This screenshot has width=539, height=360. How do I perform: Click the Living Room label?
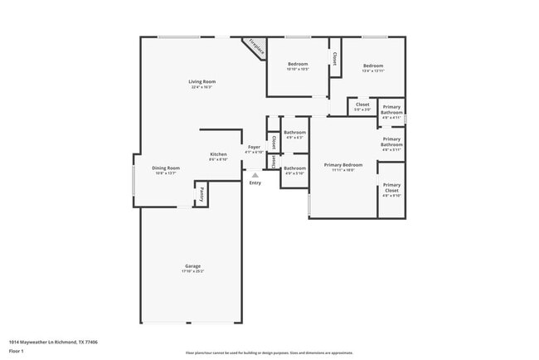pyautogui.click(x=202, y=82)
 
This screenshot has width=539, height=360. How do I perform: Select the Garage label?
pyautogui.click(x=192, y=266)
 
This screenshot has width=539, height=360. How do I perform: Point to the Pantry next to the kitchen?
pyautogui.click(x=201, y=194)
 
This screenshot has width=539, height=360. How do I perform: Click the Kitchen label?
pyautogui.click(x=218, y=154)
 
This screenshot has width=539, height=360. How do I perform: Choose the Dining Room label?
pyautogui.click(x=166, y=168)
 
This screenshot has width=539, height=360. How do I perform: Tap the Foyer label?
pyautogui.click(x=255, y=147)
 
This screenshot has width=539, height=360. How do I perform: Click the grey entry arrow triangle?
pyautogui.click(x=255, y=174)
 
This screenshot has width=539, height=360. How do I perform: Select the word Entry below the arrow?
pyautogui.click(x=255, y=182)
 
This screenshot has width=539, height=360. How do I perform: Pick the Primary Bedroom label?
pyautogui.click(x=343, y=165)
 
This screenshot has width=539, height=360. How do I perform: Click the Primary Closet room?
pyautogui.click(x=391, y=189)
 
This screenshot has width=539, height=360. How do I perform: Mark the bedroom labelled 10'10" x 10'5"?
pyautogui.click(x=298, y=67)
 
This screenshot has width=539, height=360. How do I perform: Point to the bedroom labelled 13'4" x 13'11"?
pyautogui.click(x=372, y=68)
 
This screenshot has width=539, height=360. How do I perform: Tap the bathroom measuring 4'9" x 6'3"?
pyautogui.click(x=294, y=135)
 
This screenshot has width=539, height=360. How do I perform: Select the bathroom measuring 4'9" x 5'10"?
pyautogui.click(x=294, y=171)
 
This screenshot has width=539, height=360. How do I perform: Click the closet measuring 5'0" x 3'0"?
pyautogui.click(x=362, y=107)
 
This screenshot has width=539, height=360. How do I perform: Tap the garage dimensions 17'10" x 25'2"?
pyautogui.click(x=192, y=271)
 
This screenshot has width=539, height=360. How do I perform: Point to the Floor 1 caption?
pyautogui.click(x=16, y=351)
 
